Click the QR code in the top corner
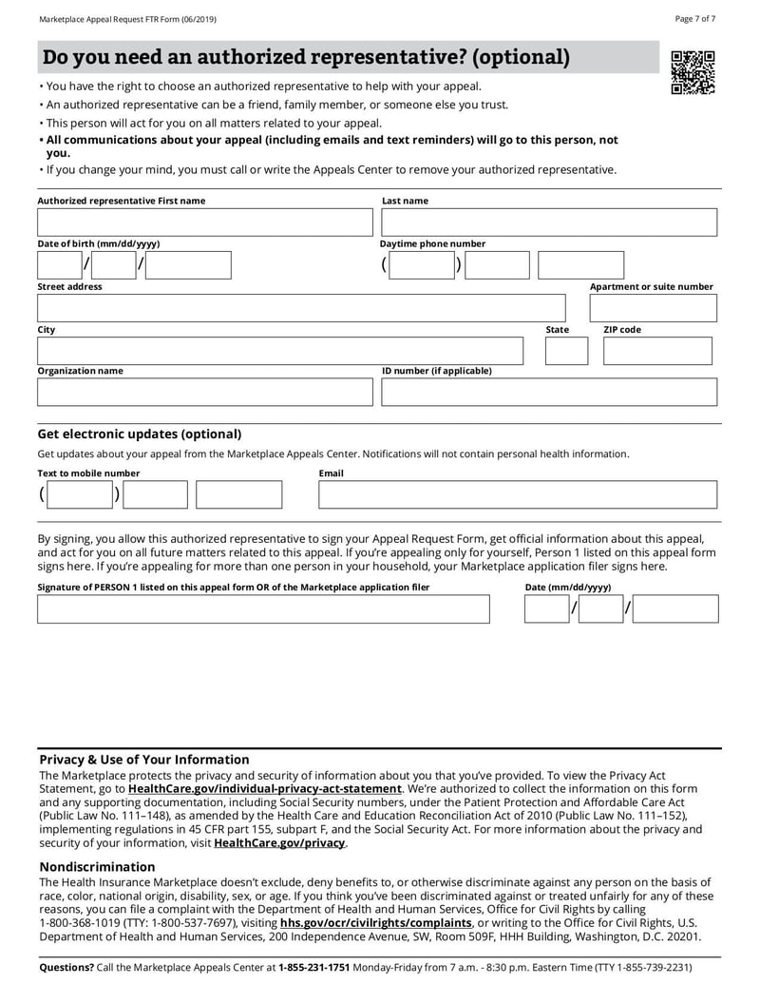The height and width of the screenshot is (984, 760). [693, 73]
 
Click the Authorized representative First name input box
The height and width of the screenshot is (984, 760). [205, 222]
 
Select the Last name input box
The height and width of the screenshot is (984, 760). [549, 222]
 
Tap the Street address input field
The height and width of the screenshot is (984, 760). [301, 308]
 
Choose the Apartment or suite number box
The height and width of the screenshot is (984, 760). [653, 308]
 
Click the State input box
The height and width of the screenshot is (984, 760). [566, 351]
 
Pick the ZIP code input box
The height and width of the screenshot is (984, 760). [656, 351]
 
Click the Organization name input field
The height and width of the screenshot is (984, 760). [205, 392]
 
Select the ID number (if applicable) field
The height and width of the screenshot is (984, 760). [549, 392]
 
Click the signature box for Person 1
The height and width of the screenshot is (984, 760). [263, 609]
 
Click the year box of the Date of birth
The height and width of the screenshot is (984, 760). [188, 265]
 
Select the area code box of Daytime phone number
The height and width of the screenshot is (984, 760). [422, 265]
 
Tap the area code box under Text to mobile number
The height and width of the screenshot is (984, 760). [80, 494]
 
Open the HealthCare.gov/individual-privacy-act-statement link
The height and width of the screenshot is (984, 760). [264, 789]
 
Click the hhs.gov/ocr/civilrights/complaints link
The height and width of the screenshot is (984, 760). [375, 923]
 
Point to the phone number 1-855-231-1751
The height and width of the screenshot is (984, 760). [313, 968]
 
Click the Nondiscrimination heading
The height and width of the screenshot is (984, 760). [97, 867]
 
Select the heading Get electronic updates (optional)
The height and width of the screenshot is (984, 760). [139, 434]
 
